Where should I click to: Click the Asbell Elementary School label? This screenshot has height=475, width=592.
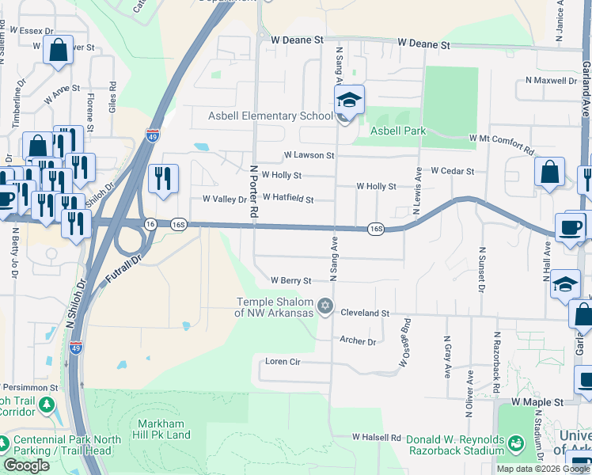click(270, 116)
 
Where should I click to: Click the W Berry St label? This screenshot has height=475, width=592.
click(290, 280)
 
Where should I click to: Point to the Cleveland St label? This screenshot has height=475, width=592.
click(365, 313)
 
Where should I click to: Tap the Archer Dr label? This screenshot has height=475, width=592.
click(358, 341)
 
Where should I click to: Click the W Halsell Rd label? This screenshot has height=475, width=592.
click(378, 437)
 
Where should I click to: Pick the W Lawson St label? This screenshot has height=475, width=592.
click(309, 156)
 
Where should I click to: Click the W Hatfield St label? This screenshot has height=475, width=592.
click(288, 199)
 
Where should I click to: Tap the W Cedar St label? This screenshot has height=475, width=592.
click(452, 170)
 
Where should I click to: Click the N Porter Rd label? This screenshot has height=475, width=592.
click(254, 192)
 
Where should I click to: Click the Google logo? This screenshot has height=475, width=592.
click(26, 465)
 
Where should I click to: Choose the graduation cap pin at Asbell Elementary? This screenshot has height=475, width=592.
click(347, 101)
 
